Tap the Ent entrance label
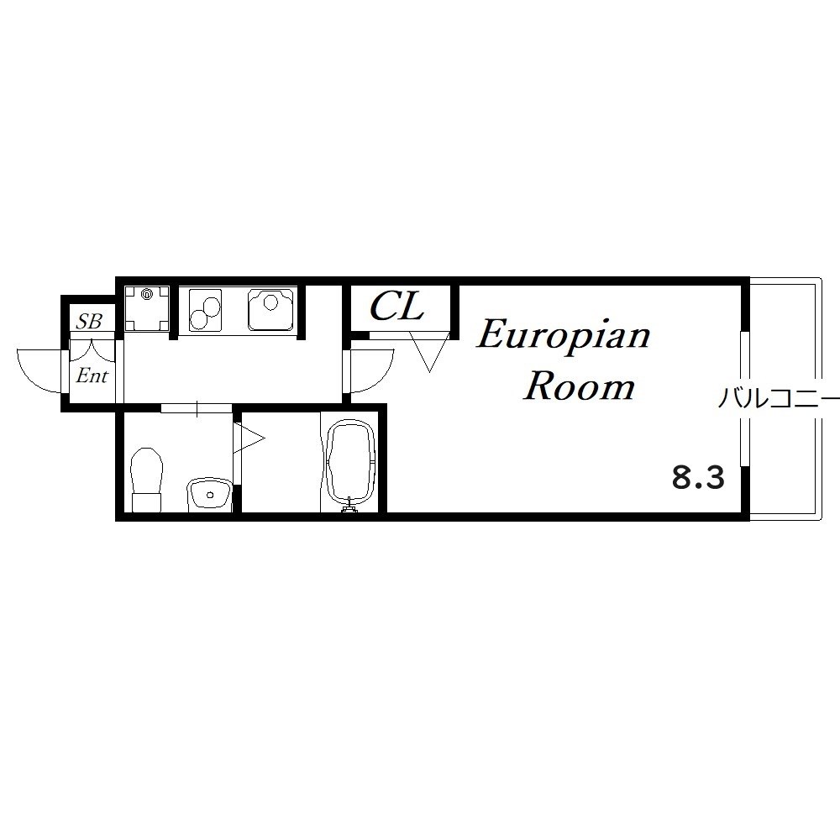pyautogui.click(x=92, y=375)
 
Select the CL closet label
pyautogui.click(x=397, y=307)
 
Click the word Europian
pyautogui.click(x=563, y=337)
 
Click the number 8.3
pyautogui.click(x=698, y=478)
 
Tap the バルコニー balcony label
pyautogui.click(x=779, y=398)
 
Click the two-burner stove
pyautogui.click(x=205, y=310)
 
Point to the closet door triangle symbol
pyautogui.click(x=429, y=352)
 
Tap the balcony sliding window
pyautogui.click(x=744, y=399)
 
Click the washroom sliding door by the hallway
pyautogui.click(x=197, y=408)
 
